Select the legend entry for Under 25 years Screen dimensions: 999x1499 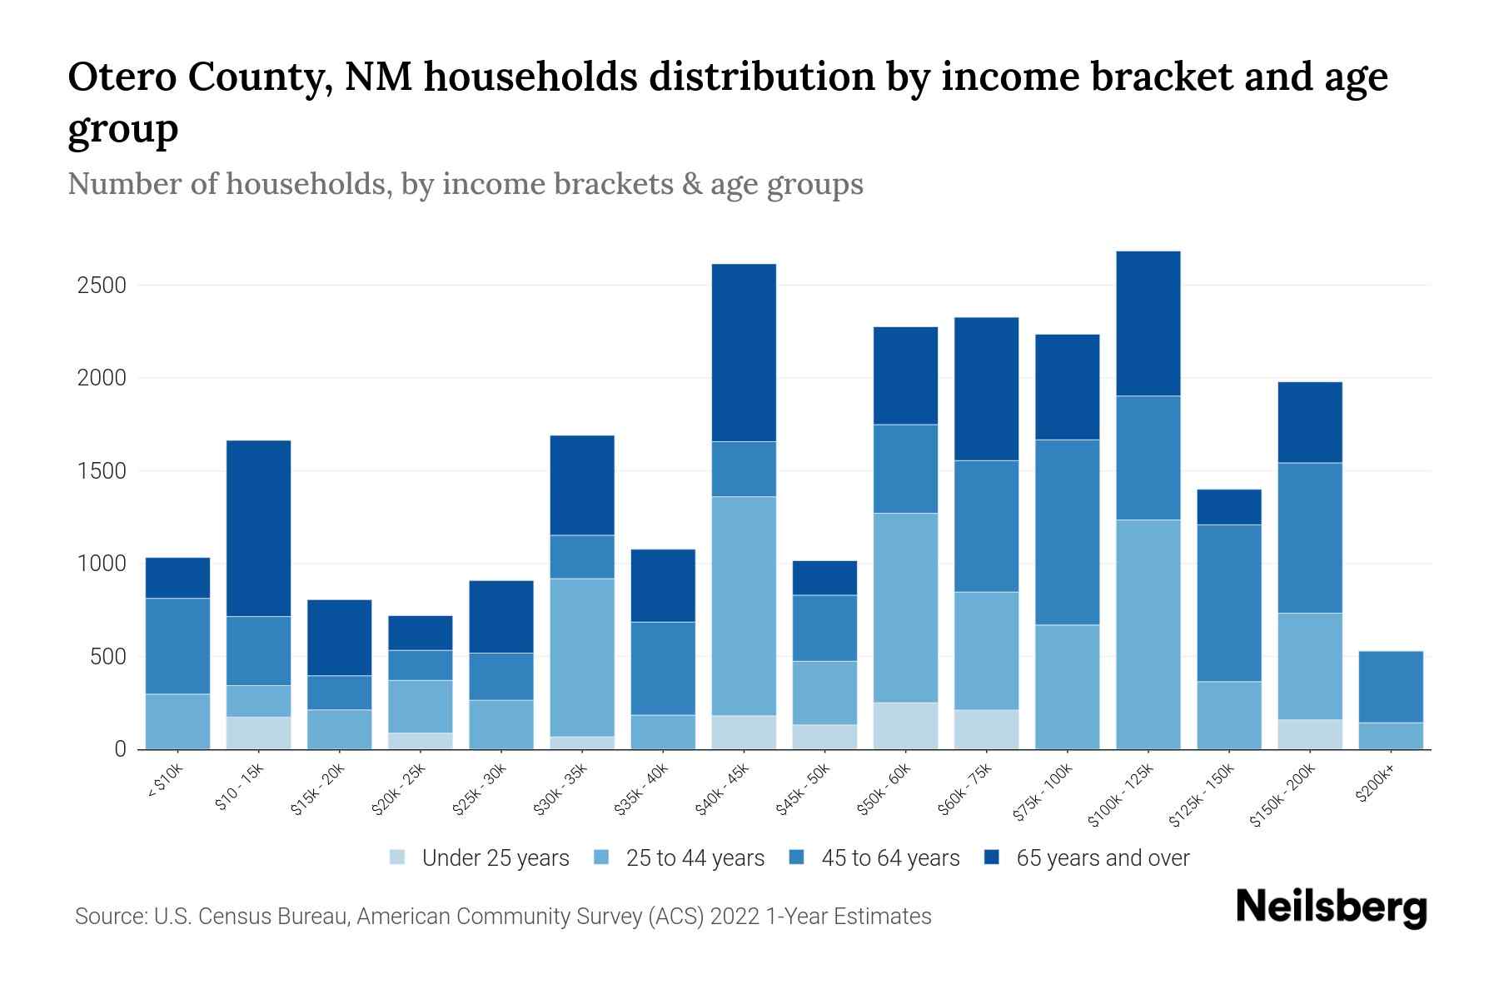[495, 858]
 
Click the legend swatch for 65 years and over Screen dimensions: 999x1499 [992, 857]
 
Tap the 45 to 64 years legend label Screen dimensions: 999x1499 [890, 858]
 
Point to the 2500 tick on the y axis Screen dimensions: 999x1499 [101, 286]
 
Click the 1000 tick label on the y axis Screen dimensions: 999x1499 [101, 564]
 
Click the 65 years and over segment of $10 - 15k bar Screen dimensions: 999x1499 [258, 528]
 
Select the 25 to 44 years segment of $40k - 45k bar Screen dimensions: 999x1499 [744, 605]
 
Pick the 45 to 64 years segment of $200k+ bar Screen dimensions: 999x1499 [1390, 686]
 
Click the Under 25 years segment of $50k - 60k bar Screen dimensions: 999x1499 [905, 725]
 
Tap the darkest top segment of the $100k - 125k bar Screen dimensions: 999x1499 [1148, 323]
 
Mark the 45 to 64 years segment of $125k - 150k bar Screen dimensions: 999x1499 [1228, 603]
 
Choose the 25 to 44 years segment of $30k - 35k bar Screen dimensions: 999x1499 [582, 657]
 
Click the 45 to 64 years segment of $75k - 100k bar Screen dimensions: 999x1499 [1067, 532]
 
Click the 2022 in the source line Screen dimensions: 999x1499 [735, 917]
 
